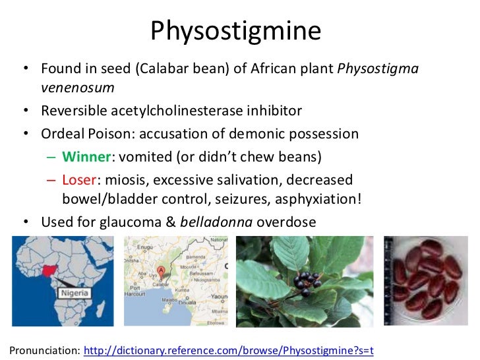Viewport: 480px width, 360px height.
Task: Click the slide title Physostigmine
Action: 239,30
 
